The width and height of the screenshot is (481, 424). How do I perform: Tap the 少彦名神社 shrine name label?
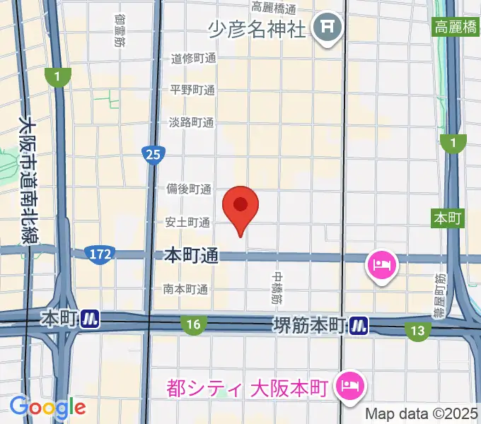[257, 29]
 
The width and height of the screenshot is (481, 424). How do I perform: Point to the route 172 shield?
[98, 253]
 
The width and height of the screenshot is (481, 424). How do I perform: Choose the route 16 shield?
[192, 325]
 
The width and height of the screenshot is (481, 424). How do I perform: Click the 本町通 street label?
[191, 256]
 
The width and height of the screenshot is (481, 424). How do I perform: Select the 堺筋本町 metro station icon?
[359, 324]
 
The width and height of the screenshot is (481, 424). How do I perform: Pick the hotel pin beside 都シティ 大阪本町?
[350, 386]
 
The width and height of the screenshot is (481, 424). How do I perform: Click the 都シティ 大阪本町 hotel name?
[248, 388]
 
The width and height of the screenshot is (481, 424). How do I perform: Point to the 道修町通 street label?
[193, 59]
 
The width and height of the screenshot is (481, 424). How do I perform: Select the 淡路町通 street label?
[191, 122]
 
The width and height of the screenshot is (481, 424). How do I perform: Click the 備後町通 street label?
[189, 189]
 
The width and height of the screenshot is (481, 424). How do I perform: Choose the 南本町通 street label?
[185, 289]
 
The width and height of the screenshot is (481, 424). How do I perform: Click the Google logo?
[47, 406]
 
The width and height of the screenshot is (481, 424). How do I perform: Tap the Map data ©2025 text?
[422, 413]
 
